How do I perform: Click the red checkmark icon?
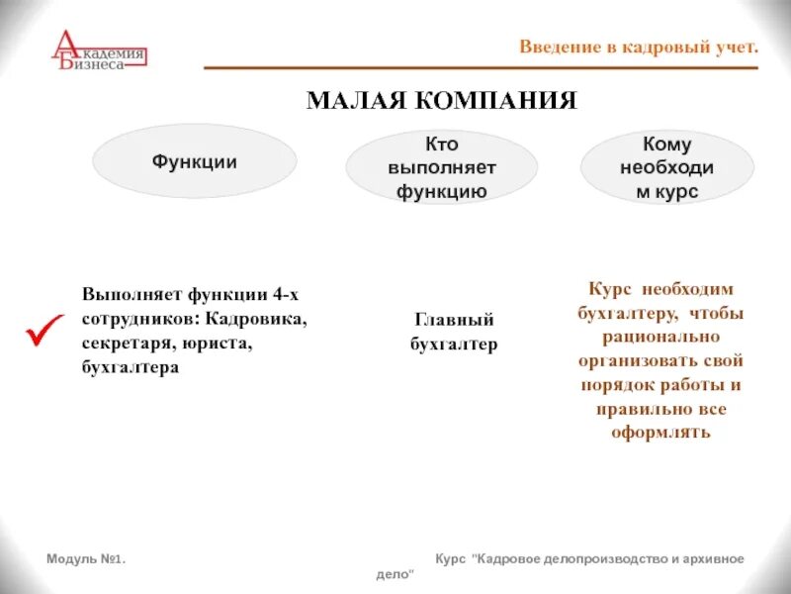[44, 332]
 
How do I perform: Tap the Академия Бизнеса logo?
[98, 51]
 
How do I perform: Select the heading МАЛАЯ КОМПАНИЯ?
[441, 101]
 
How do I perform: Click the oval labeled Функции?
[194, 161]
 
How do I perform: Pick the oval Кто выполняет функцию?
[441, 167]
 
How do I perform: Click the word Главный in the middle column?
[454, 320]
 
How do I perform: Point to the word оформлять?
[662, 433]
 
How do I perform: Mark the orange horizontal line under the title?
[481, 68]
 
